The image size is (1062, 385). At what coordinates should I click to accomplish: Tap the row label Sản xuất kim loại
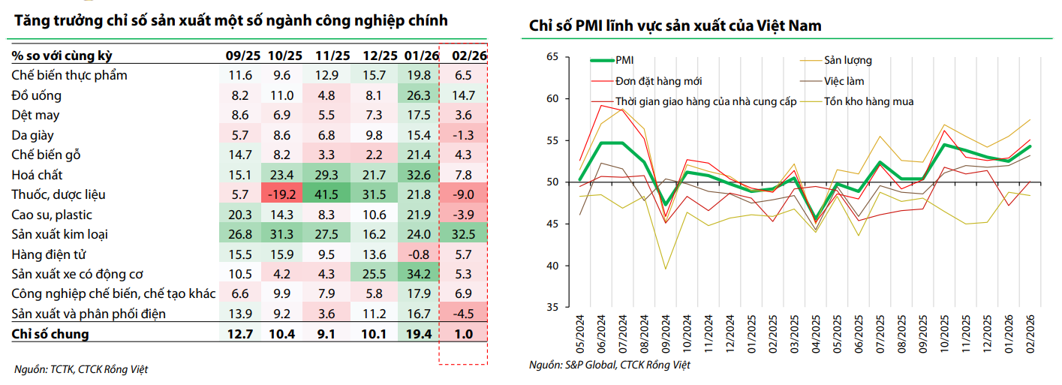[x=60, y=235]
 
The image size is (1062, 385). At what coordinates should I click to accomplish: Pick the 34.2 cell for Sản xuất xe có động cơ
[x=417, y=275]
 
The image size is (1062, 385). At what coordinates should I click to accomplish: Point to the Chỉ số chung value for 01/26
[x=417, y=334]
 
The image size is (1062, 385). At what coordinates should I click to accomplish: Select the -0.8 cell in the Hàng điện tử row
[x=417, y=254]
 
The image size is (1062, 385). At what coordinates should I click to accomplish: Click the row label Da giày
[x=33, y=136]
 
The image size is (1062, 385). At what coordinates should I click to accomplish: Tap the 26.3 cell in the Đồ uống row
[x=417, y=95]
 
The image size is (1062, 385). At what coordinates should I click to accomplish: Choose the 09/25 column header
[x=241, y=56]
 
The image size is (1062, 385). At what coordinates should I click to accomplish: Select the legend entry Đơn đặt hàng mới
[x=658, y=81]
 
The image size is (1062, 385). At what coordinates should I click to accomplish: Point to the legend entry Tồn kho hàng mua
[x=868, y=101]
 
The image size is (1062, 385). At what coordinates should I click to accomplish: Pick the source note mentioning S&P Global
[x=609, y=365]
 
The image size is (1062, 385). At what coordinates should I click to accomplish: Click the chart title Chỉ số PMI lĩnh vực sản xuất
[x=675, y=26]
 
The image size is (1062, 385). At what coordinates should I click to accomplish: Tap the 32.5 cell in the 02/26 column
[x=463, y=235]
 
